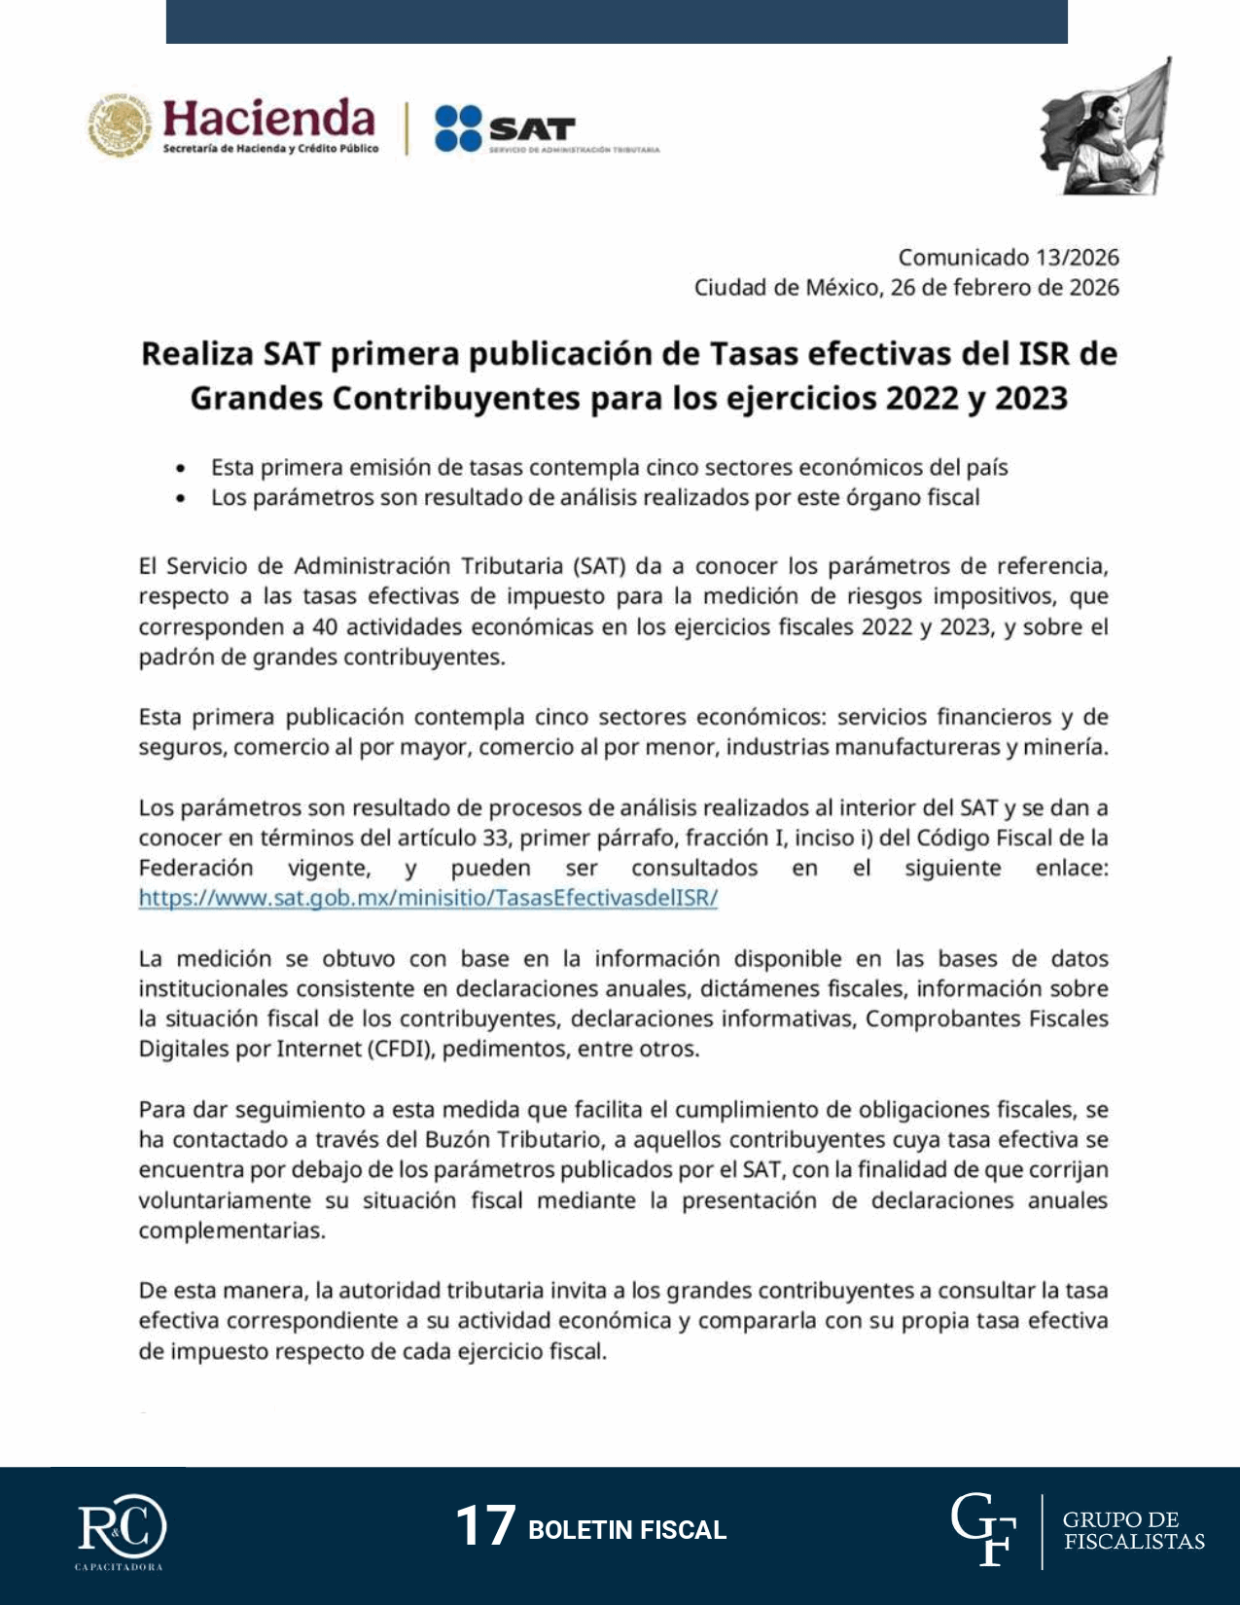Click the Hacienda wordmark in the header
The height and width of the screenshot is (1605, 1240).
coord(268,120)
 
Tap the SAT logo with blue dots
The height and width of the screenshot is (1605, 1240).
coord(506,127)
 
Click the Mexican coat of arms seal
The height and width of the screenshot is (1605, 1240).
coord(120,125)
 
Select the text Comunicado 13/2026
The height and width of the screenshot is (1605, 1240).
coord(1008,258)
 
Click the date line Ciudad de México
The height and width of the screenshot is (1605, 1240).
coord(905,288)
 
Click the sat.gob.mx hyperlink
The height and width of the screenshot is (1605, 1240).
coord(428,898)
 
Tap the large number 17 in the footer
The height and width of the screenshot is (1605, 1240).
coord(485,1525)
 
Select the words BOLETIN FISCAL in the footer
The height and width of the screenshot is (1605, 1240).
coord(627,1530)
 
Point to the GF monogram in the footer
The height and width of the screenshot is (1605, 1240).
coord(983,1530)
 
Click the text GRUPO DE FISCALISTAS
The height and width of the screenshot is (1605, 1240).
coord(1133,1531)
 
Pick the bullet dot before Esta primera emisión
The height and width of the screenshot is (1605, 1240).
coord(181,469)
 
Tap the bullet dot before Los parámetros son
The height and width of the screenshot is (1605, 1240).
coord(181,499)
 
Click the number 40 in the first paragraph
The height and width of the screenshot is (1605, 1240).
coord(325,627)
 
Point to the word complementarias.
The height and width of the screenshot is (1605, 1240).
coord(231,1230)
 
